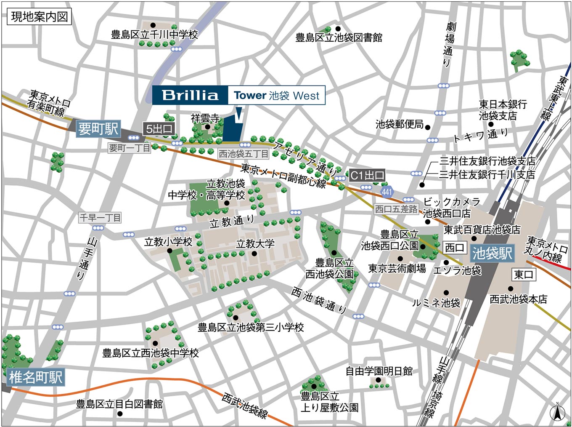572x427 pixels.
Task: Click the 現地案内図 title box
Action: coord(39,17)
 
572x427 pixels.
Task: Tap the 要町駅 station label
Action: coord(98,128)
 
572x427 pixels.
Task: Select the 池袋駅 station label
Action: coord(492,253)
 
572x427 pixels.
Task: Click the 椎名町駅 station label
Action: coord(35,377)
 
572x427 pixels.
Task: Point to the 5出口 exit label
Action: coord(159,129)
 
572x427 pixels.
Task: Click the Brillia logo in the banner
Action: coord(190,95)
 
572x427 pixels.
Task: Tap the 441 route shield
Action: coord(387,192)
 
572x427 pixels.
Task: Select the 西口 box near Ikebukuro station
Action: coord(455,247)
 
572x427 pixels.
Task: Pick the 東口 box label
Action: coord(524,275)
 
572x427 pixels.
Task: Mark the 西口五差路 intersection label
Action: coord(396,209)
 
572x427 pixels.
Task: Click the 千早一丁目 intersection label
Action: coord(100,217)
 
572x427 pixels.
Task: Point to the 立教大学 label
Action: coord(255,244)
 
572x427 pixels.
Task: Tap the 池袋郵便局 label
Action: coord(400,124)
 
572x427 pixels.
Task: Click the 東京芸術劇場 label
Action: coord(397,268)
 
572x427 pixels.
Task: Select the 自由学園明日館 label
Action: coord(379,371)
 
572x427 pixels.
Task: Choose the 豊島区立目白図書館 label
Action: coord(119,404)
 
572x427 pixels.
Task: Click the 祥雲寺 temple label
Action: coord(205,118)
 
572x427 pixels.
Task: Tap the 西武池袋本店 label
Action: coord(518,299)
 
